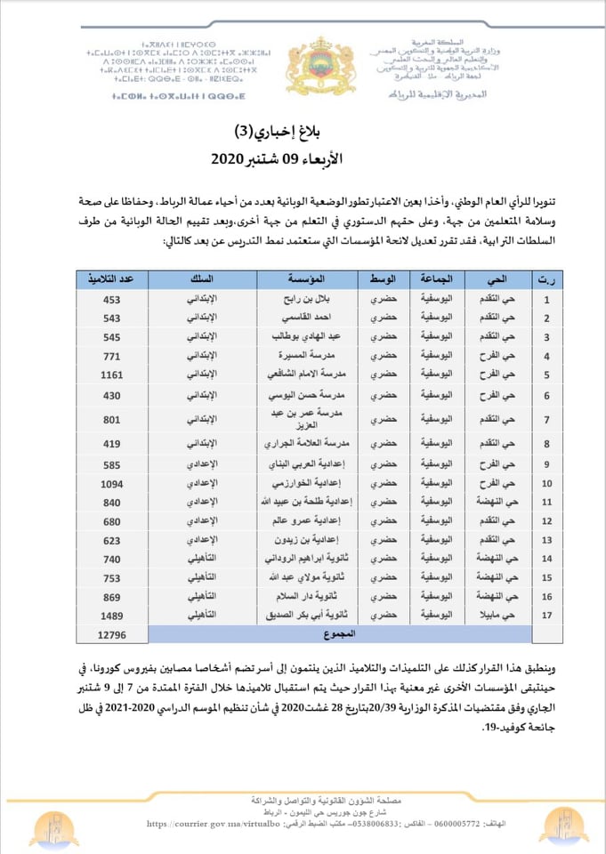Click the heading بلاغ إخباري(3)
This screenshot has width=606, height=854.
[x=303, y=133]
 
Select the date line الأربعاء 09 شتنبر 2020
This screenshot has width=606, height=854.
[x=303, y=161]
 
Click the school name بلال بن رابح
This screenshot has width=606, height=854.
[x=307, y=299]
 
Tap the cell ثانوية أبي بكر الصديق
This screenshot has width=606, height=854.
[x=307, y=615]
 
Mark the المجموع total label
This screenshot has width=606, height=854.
[x=341, y=634]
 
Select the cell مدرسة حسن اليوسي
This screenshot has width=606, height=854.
[x=307, y=394]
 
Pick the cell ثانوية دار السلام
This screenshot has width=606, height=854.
[x=307, y=596]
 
